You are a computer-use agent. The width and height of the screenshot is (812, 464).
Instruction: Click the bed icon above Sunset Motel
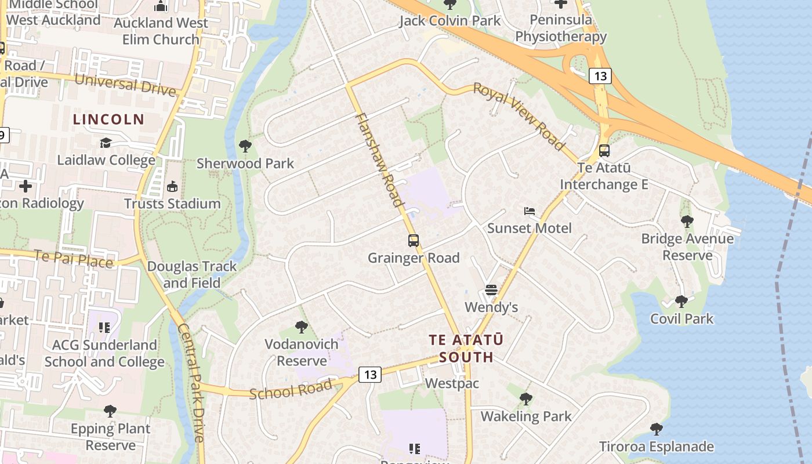click(529, 211)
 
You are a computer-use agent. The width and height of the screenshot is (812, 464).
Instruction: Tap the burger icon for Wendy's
click(491, 289)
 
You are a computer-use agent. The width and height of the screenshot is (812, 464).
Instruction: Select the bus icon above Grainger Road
click(414, 240)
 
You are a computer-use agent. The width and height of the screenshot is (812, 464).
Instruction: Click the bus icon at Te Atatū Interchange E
click(604, 151)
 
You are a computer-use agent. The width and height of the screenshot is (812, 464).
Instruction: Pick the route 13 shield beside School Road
click(370, 375)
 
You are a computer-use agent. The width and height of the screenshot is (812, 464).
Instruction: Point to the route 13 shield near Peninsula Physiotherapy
click(600, 75)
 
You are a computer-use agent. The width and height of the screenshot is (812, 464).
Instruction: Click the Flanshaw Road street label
click(379, 160)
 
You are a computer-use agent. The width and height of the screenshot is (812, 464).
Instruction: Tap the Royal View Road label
click(519, 116)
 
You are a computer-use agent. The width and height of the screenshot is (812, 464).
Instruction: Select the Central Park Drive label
click(191, 383)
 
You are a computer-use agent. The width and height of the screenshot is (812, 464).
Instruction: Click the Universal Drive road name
click(125, 85)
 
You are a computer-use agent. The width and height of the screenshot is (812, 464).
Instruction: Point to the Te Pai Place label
click(73, 259)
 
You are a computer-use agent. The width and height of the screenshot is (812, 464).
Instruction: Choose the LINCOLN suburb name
click(108, 119)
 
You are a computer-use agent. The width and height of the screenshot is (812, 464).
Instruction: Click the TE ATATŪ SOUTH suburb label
click(466, 348)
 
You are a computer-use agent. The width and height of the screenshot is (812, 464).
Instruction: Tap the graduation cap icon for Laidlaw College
click(106, 143)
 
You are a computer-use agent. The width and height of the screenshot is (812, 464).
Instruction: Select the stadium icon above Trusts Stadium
click(172, 186)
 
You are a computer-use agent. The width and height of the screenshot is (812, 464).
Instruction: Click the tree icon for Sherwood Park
click(245, 146)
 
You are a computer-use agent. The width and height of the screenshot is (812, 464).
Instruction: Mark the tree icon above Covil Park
click(681, 301)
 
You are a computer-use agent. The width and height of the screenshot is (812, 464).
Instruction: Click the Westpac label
click(452, 383)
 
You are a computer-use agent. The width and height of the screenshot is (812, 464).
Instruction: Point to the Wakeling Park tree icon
click(526, 398)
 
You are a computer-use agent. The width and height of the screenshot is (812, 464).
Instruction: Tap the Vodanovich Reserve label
click(301, 352)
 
